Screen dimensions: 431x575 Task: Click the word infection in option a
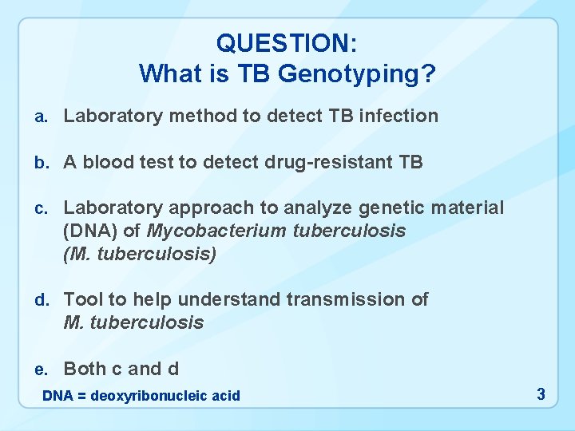point(399,117)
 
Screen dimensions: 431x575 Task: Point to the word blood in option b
point(108,163)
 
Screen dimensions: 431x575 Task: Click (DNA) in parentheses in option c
point(86,231)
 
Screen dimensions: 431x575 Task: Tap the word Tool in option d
point(82,300)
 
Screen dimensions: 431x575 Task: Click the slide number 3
point(541,394)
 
